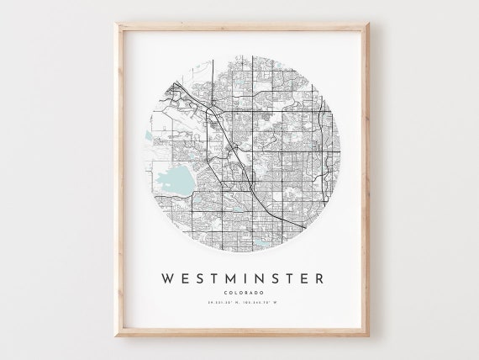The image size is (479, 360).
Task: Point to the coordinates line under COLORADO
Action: pyautogui.click(x=239, y=303)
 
